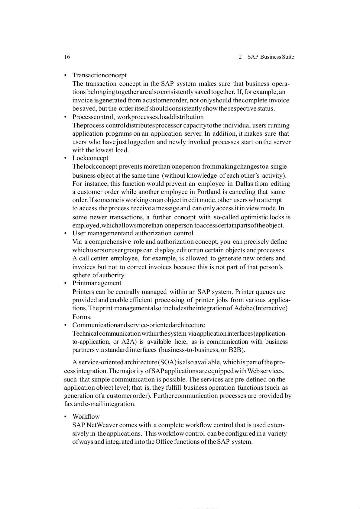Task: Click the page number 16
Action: click(67, 57)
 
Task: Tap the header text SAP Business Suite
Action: click(271, 57)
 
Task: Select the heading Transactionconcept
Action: click(99, 75)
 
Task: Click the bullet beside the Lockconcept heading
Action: click(65, 158)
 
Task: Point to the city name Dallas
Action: click(244, 184)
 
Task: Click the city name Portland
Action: click(209, 192)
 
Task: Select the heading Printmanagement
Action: click(97, 283)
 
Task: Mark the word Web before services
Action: click(253, 371)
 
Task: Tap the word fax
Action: click(68, 404)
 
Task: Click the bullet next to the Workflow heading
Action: click(65, 417)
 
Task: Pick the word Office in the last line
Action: click(164, 442)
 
